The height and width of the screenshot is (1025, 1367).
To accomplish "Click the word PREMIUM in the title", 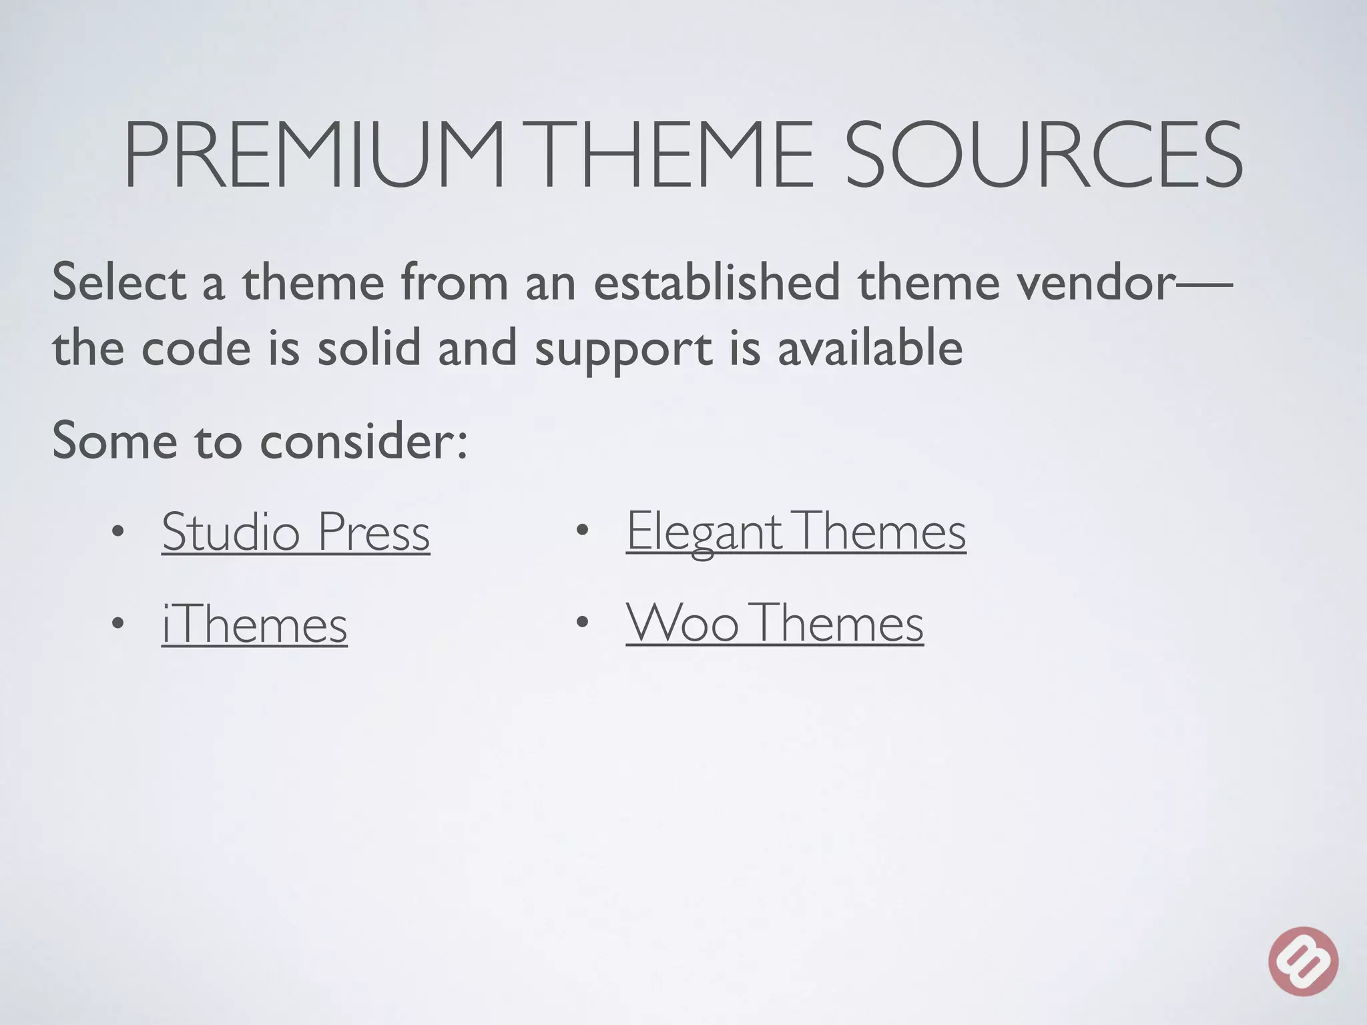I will click(314, 155).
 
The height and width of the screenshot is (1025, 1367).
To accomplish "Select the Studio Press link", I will click(296, 532).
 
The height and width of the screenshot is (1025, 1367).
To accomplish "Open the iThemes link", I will click(254, 625).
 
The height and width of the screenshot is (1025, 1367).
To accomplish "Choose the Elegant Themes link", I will click(796, 532).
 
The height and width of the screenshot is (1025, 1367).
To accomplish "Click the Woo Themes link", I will click(774, 623).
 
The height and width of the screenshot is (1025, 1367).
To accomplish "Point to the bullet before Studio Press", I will click(118, 532).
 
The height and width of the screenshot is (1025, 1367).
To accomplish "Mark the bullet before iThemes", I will click(118, 625).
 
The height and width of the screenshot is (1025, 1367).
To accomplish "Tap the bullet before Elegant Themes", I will click(582, 532).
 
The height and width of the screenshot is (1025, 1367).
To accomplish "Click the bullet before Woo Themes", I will click(582, 623).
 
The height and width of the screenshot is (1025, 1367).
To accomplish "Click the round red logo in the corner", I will click(1303, 961).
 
